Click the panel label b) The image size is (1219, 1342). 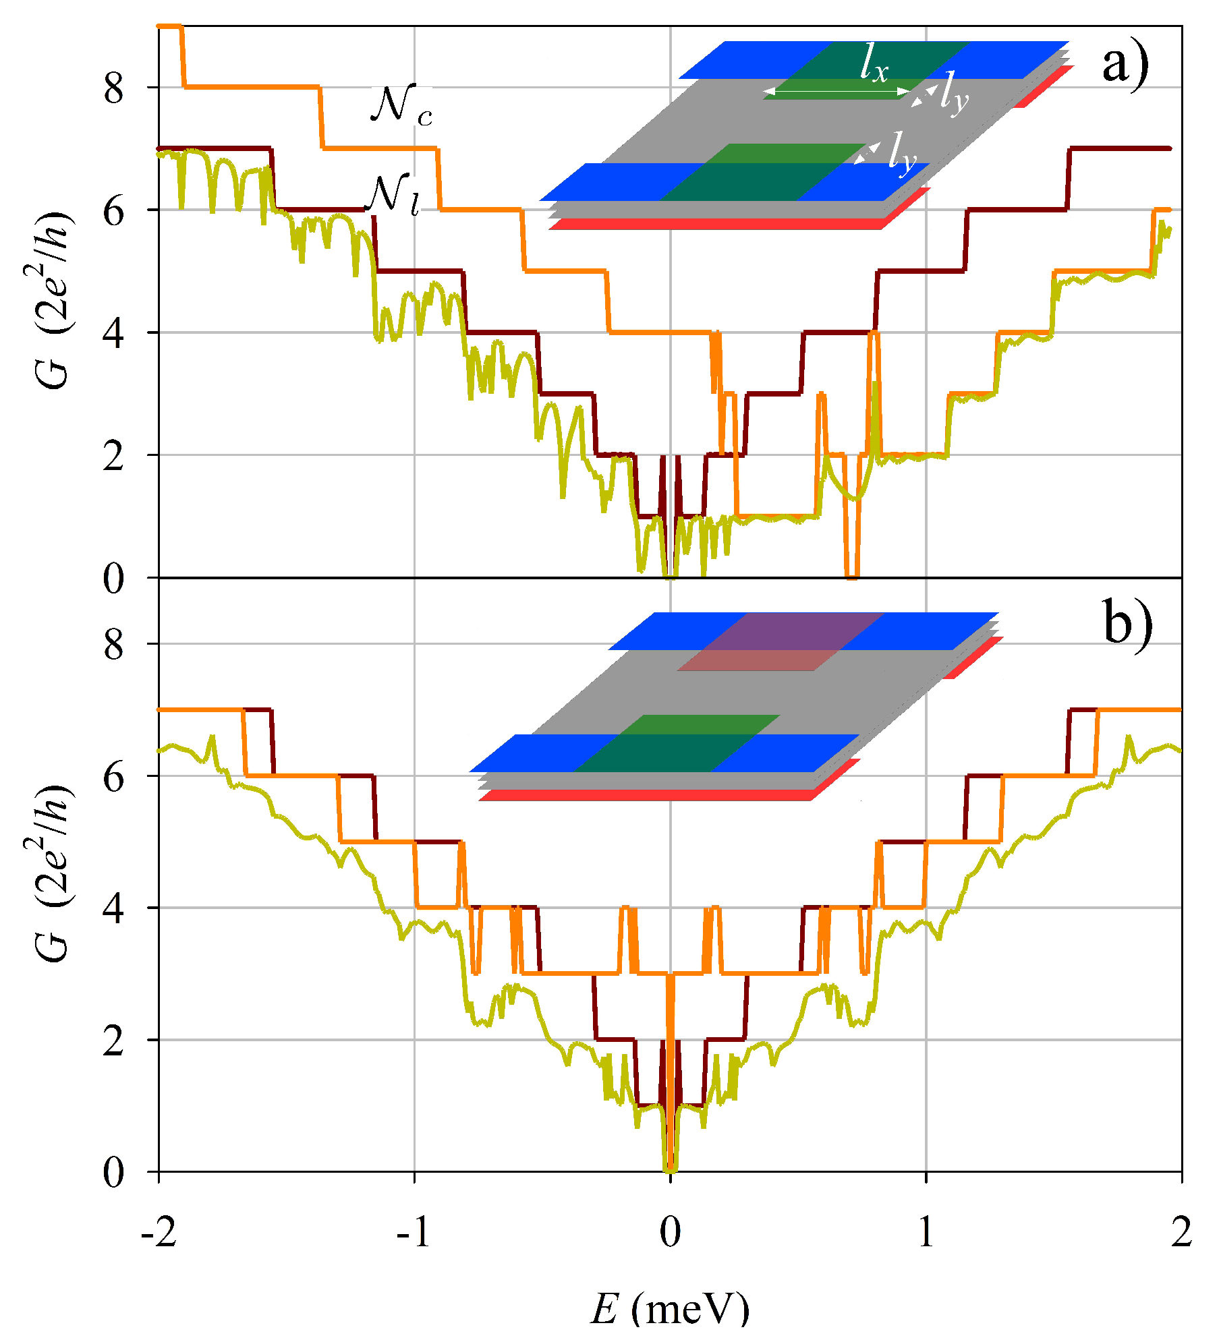click(x=1127, y=624)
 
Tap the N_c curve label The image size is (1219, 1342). click(x=401, y=106)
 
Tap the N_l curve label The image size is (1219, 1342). click(x=395, y=195)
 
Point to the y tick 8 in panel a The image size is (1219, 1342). click(x=114, y=88)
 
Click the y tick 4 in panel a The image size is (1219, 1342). click(x=114, y=333)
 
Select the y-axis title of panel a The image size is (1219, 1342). click(x=53, y=300)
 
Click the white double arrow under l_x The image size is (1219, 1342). click(x=837, y=91)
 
